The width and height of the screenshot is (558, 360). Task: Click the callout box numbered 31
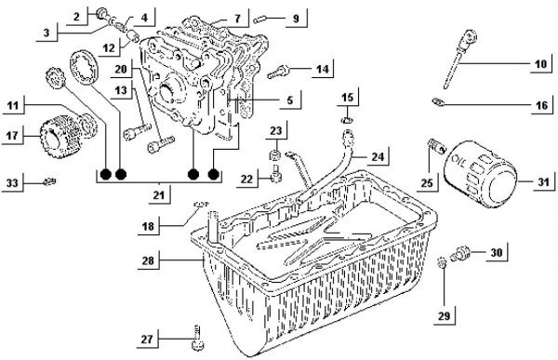[531, 182]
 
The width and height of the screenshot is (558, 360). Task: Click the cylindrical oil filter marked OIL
[482, 175]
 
